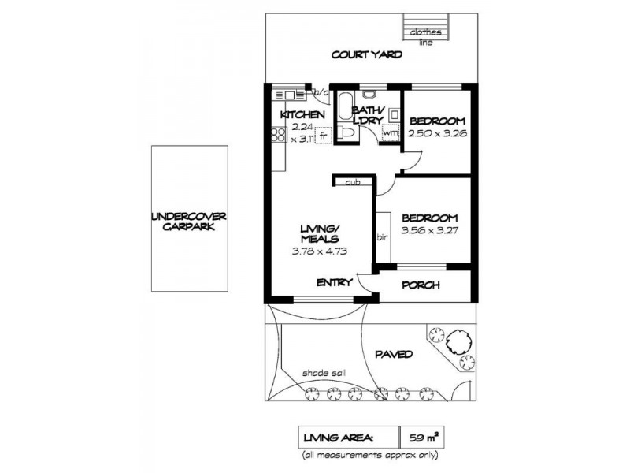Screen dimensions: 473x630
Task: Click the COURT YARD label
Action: tap(367, 55)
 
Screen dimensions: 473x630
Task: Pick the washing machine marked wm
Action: tap(390, 133)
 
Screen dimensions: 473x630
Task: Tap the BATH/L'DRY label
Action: tap(368, 115)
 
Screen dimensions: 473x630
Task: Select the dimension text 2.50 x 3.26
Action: tap(436, 135)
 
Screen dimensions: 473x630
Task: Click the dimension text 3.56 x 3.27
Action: tap(429, 232)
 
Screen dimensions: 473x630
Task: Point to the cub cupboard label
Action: tap(352, 183)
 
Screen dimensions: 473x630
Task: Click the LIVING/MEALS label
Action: tap(319, 234)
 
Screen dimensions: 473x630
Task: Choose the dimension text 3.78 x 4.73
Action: tap(319, 252)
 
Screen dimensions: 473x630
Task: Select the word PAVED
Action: tap(393, 355)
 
